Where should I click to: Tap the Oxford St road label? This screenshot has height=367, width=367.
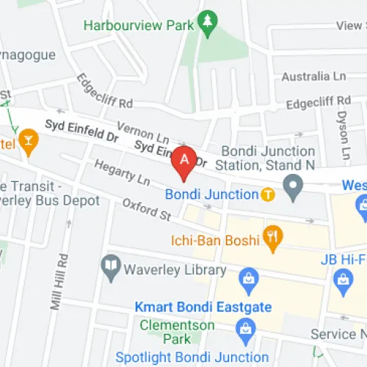[146, 210]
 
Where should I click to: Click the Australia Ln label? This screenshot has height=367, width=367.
[313, 76]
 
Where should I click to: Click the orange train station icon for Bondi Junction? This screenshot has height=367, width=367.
[268, 195]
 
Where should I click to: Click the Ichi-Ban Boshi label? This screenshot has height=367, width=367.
[217, 240]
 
